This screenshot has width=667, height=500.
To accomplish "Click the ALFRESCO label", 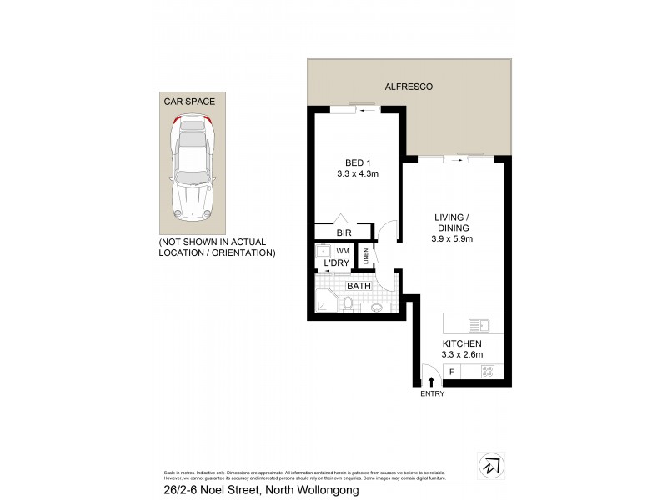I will click(x=409, y=87).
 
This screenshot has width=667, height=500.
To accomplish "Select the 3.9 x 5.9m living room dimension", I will click(x=452, y=238).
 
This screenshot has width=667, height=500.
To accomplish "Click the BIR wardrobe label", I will click(x=343, y=233).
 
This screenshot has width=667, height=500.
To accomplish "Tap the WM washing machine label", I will click(x=343, y=250).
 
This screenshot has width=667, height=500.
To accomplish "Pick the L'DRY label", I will click(x=337, y=264).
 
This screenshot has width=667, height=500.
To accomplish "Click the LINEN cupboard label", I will click(x=365, y=256).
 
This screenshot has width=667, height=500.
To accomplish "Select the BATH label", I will click(x=359, y=286).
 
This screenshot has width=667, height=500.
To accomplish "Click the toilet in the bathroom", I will click(x=349, y=307).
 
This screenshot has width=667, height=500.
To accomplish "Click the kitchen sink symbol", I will click(x=480, y=324).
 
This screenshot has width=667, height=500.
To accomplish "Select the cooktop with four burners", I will click(x=488, y=372).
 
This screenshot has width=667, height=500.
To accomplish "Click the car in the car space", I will click(x=192, y=171).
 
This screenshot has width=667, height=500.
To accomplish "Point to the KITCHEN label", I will click(x=461, y=343).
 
